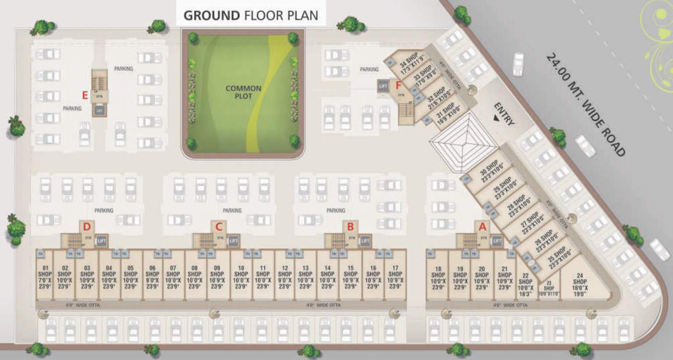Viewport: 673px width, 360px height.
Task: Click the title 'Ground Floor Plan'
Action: tap(251, 15)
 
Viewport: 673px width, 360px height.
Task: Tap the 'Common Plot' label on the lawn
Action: tap(243, 92)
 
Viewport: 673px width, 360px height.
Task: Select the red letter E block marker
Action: tap(86, 94)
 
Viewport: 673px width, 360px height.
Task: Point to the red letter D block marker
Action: tap(87, 226)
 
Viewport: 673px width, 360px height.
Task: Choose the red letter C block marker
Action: tap(219, 227)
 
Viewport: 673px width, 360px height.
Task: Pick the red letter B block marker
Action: tap(351, 227)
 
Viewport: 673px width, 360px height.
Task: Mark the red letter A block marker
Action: tap(482, 226)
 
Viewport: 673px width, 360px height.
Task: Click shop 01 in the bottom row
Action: tap(45, 277)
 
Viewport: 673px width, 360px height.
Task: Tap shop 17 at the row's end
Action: tap(395, 277)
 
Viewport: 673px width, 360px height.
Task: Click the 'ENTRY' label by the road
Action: tap(504, 114)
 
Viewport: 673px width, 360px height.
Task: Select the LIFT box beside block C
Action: tap(233, 241)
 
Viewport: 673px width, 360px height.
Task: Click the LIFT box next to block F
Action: tap(382, 86)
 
